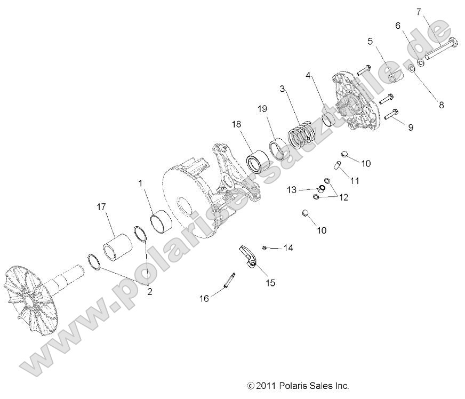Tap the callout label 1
141,183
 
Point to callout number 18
236,124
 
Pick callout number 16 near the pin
205,298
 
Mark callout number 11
354,181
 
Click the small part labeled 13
322,187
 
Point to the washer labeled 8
412,69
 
